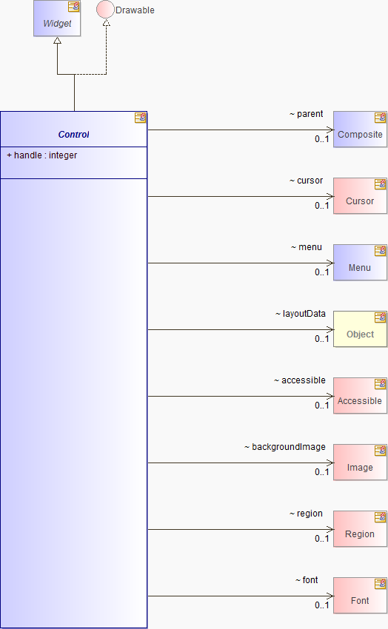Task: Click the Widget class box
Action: point(57,18)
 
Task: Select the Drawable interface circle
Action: point(106,10)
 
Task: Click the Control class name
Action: point(74,135)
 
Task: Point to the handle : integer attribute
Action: point(41,155)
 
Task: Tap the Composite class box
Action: point(360,129)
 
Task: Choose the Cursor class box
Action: point(360,196)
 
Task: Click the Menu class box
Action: point(360,263)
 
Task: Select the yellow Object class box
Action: point(360,329)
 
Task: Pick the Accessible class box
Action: point(360,396)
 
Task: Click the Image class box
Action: point(360,462)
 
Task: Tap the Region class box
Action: point(360,528)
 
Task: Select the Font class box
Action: point(360,595)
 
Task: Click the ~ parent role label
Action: point(306,114)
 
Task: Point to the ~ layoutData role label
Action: point(300,314)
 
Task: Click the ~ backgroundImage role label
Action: point(285,447)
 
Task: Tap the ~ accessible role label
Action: point(300,380)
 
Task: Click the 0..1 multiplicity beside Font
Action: point(322,605)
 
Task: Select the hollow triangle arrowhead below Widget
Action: point(57,40)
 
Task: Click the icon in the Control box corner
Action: point(140,118)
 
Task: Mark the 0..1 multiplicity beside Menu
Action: point(322,272)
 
